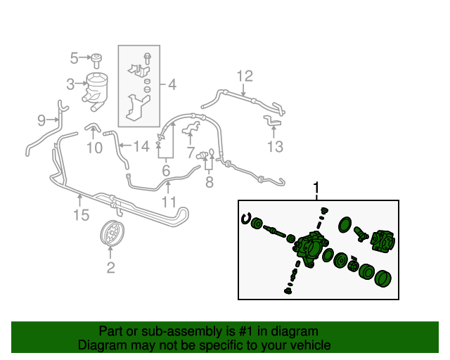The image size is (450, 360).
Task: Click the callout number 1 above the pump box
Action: pos(316,188)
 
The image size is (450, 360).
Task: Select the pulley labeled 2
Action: pos(110,233)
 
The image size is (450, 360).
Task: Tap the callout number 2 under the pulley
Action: pos(110,267)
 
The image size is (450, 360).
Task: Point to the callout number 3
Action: pos(70,85)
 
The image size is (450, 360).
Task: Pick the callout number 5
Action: pos(74,57)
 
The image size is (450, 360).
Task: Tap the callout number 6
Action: pos(166,171)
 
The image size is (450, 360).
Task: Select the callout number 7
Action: pos(191,152)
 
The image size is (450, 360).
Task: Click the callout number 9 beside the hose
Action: pos(41,120)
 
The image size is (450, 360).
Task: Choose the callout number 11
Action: pos(168,202)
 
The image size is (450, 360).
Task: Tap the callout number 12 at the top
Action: pos(244,75)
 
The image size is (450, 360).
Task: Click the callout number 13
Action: pos(274,146)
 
